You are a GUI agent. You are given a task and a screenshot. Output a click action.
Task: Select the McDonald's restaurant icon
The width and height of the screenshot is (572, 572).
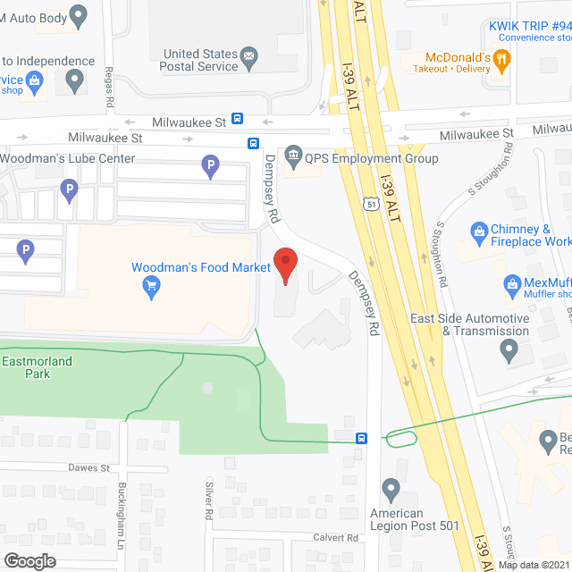[x=500, y=61]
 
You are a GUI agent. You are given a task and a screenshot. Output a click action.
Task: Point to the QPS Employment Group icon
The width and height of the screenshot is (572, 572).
[x=292, y=158]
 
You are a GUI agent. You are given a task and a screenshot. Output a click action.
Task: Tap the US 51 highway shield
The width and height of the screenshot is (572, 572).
[x=371, y=204]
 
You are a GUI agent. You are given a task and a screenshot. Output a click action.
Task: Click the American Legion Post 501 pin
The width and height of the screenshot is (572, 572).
[x=391, y=489]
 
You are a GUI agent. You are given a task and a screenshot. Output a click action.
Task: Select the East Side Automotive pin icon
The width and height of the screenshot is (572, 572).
[x=509, y=349]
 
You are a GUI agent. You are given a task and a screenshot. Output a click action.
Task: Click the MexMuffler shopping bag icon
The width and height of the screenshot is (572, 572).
[x=512, y=286]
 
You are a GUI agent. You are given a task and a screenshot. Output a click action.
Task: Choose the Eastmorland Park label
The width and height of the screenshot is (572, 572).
[x=38, y=367]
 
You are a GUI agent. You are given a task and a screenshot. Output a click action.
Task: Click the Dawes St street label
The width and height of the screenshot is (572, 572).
[x=88, y=467]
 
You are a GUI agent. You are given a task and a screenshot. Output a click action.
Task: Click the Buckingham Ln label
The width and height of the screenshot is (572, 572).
[x=122, y=515]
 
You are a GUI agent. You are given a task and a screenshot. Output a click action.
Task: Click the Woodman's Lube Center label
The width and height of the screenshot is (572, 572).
[x=68, y=159]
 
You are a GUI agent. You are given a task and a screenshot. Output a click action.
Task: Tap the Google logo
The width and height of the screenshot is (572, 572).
[x=29, y=560]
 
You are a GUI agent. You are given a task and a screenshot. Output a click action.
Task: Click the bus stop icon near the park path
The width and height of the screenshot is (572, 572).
[x=361, y=438]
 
